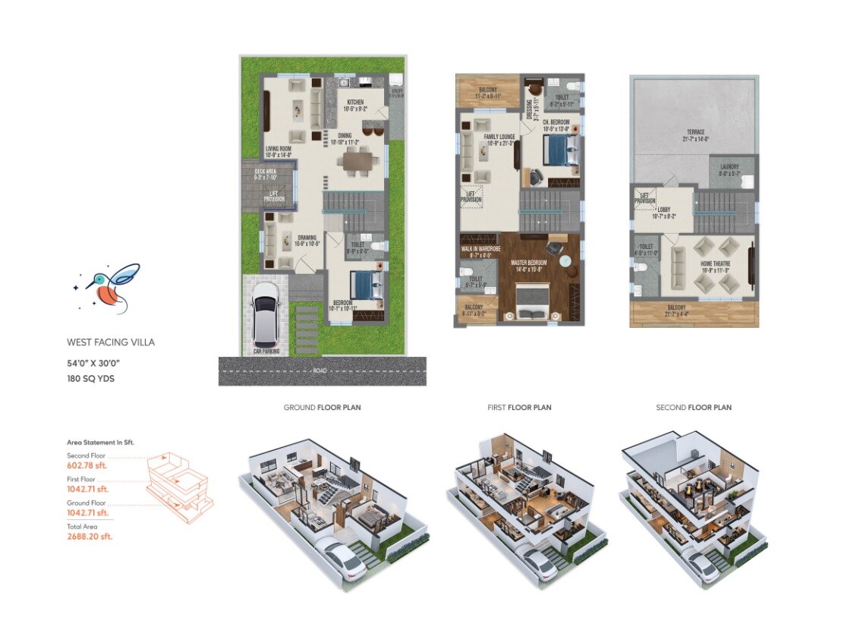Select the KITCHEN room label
click(355, 102)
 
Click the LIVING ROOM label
click(279, 149)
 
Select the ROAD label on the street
click(322, 371)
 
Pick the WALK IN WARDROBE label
click(480, 248)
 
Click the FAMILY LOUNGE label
click(500, 137)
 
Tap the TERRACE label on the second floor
click(694, 131)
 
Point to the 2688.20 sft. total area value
click(90, 536)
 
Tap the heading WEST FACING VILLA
click(111, 342)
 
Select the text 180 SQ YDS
click(90, 378)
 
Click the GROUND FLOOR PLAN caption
click(322, 408)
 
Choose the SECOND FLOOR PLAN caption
click(694, 408)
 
